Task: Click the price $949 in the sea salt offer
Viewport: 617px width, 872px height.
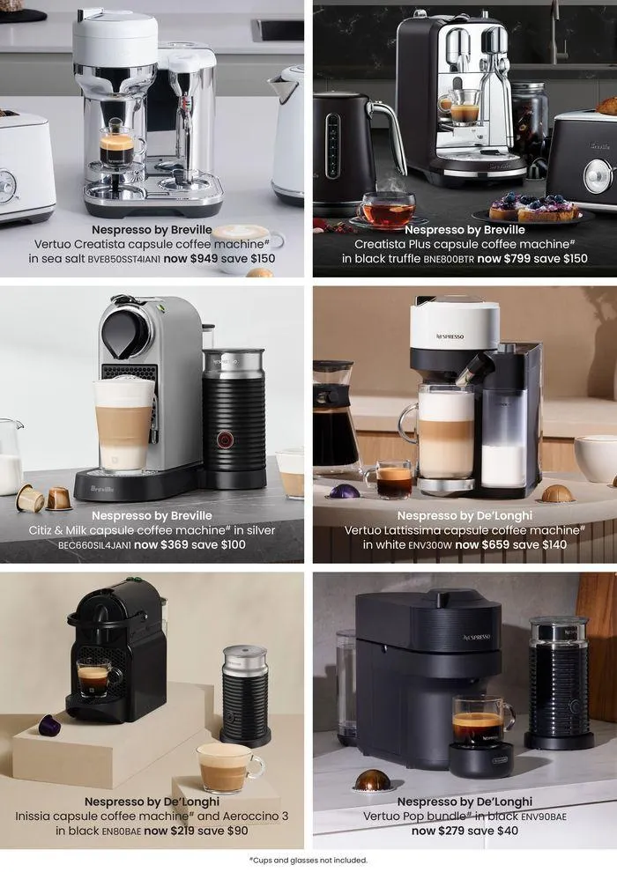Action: [204, 259]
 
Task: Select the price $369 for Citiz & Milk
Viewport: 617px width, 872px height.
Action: [175, 545]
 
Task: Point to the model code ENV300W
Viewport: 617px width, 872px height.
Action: [430, 545]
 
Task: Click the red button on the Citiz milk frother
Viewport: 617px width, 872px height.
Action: [225, 440]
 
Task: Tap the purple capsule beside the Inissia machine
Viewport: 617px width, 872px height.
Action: [49, 725]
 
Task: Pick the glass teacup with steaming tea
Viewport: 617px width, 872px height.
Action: [387, 209]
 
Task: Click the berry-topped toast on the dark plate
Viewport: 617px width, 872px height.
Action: [534, 207]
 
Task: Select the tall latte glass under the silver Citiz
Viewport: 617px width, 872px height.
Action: [123, 425]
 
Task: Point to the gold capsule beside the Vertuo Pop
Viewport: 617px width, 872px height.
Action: [372, 780]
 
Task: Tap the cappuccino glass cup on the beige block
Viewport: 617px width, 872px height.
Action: [229, 768]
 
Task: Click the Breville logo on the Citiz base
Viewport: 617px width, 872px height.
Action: [102, 489]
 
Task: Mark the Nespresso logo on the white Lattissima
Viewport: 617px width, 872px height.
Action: [450, 336]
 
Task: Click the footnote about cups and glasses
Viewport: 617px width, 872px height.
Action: [308, 861]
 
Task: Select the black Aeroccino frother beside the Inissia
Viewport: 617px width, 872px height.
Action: [245, 695]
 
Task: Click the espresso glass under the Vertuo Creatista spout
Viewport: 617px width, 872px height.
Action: [117, 145]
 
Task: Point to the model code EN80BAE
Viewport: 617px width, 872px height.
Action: [122, 831]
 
